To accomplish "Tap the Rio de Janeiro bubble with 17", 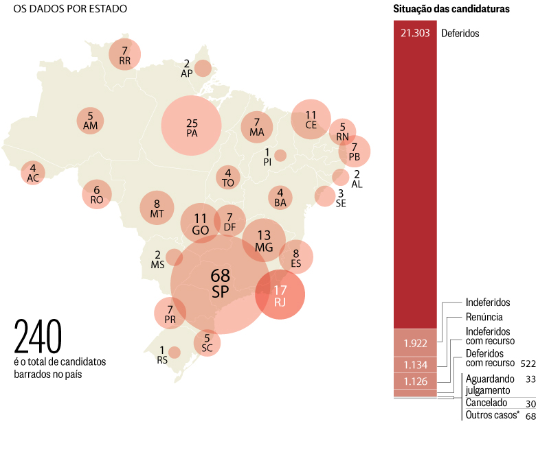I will [x=280, y=295].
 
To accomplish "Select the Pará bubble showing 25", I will [x=192, y=126].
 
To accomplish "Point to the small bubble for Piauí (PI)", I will [x=280, y=156].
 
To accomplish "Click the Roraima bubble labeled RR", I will [x=124, y=55].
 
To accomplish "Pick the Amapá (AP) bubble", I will [x=203, y=68].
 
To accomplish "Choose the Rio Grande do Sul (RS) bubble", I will [x=175, y=352].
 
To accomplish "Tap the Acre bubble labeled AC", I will [x=32, y=173].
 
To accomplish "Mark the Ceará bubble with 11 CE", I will [x=311, y=119].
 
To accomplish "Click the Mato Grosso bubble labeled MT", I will [x=157, y=207].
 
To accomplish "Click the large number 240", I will [x=38, y=336].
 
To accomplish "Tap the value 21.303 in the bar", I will [x=415, y=33].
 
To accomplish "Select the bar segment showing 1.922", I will [x=415, y=342].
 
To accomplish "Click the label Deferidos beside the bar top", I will [x=460, y=33].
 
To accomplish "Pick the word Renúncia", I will [x=484, y=317].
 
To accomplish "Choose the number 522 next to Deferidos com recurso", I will [x=528, y=363].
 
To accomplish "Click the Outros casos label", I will [x=491, y=415].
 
